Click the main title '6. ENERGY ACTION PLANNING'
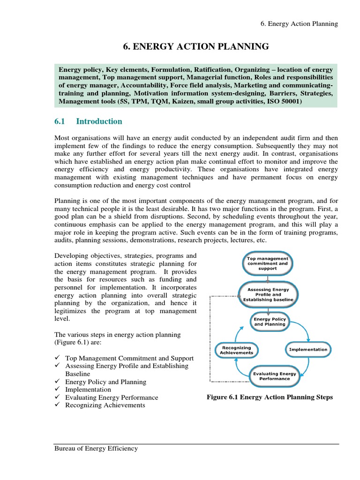coord(196,46)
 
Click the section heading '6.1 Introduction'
coord(88,121)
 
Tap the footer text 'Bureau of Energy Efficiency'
coord(96,449)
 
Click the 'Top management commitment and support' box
coord(267,264)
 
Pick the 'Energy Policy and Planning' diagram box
coord(270,322)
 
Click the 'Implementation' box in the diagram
coord(308,349)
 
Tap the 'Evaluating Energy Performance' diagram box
coord(274,376)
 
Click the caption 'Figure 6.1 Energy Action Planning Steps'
coord(270,397)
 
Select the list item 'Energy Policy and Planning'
coord(106,382)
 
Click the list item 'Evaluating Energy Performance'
coord(112,397)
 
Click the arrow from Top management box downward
coord(267,278)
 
